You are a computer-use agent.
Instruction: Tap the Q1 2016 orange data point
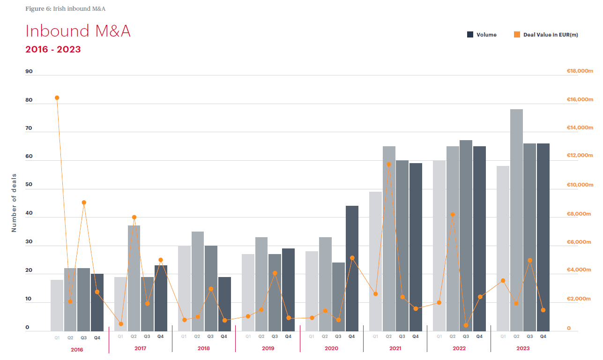tap(57, 97)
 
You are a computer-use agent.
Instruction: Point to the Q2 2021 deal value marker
tap(388, 164)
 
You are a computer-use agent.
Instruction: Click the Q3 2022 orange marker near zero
tap(466, 325)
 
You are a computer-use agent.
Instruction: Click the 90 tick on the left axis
tap(29, 71)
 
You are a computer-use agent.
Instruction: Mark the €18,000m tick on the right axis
tap(580, 71)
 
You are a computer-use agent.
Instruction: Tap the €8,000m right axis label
tap(580, 214)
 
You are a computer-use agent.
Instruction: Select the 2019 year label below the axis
tap(268, 348)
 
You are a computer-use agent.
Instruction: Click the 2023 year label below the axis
tap(523, 348)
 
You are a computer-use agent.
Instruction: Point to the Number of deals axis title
tap(14, 202)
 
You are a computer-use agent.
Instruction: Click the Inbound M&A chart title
tap(78, 31)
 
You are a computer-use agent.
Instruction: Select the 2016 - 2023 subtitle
tap(53, 49)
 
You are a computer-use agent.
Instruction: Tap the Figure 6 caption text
tap(66, 8)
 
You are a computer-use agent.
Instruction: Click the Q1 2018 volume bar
tap(184, 288)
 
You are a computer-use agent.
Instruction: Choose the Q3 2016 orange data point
tap(84, 202)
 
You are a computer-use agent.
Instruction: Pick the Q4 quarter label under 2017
tap(160, 337)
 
